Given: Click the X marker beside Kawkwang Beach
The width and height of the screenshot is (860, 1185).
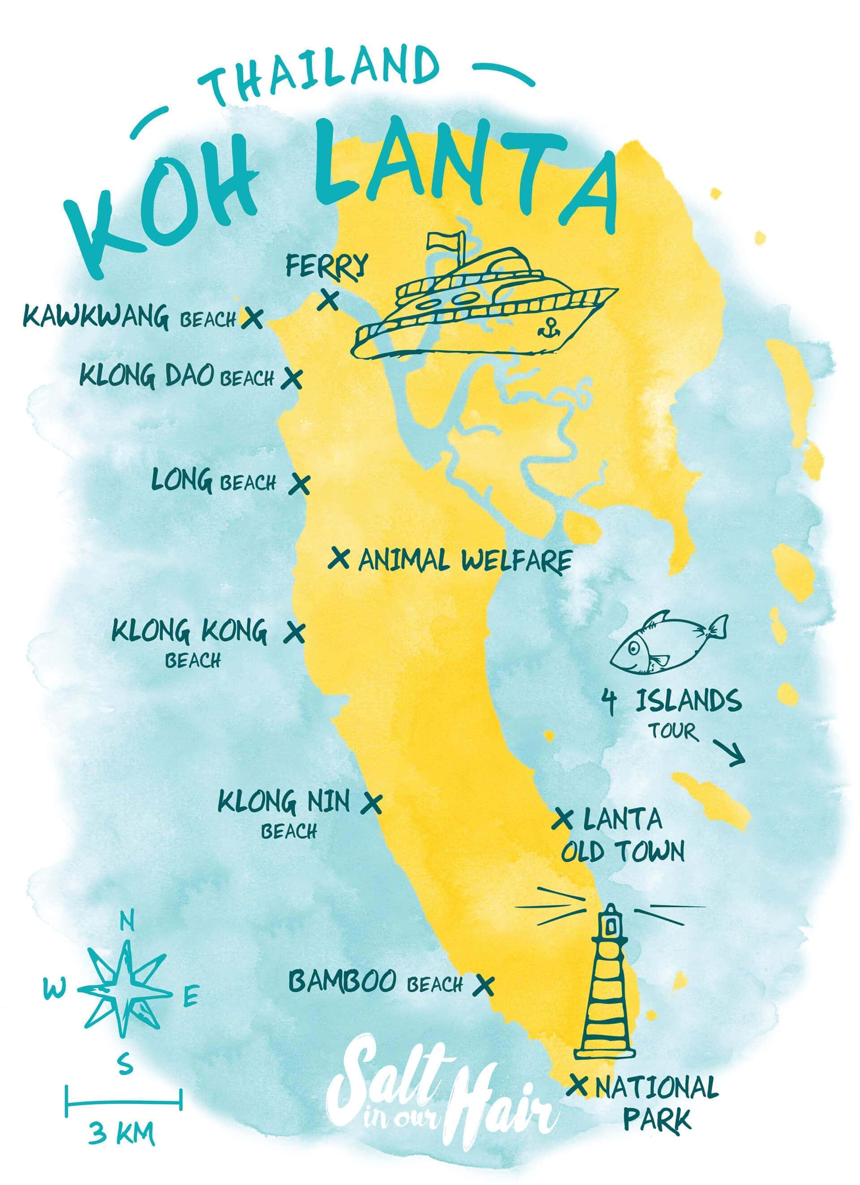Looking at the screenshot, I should click(252, 318).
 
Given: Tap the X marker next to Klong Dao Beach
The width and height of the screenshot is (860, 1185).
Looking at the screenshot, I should click(292, 378).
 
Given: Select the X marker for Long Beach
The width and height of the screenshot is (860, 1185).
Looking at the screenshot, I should click(300, 484).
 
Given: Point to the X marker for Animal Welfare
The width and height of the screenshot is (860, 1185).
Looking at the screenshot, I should click(340, 558).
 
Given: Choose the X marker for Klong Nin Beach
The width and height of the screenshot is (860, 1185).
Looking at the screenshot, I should click(371, 804).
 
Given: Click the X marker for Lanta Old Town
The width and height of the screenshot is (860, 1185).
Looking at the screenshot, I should click(563, 819).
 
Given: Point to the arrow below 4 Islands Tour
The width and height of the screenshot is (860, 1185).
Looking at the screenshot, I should click(731, 754).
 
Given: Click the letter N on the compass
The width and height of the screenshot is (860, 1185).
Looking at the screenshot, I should click(127, 921).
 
